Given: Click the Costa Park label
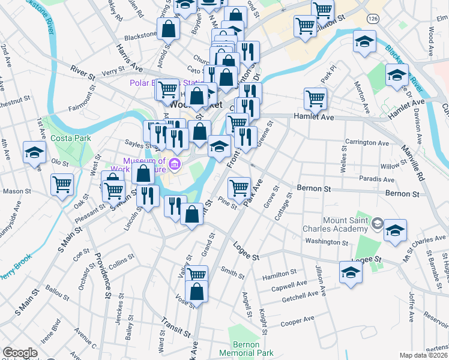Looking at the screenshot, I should [x=75, y=139].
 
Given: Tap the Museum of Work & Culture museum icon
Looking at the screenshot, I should [x=174, y=164].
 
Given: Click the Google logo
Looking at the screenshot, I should [x=20, y=353].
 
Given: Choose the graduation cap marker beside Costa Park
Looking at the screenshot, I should [x=34, y=152].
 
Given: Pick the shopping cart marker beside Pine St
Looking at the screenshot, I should [x=240, y=188].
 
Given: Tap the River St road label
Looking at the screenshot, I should [x=83, y=70].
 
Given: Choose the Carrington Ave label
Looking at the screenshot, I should [x=367, y=143].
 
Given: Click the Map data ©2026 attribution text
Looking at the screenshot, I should [x=424, y=355].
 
